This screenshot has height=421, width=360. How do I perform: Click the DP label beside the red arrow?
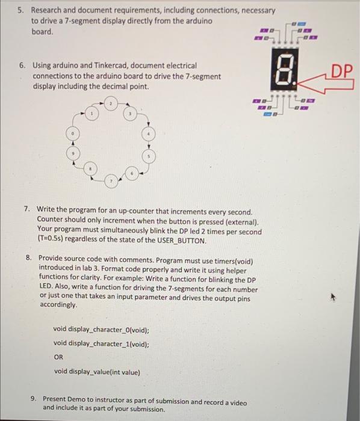[x=341, y=72]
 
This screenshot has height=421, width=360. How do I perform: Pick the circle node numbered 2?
[x=111, y=105]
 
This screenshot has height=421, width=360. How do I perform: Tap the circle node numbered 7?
[x=110, y=180]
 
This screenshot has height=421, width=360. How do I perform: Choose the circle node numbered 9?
[x=73, y=154]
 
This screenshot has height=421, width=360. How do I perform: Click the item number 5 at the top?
[x=20, y=11]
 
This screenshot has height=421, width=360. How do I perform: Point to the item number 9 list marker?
[x=34, y=399]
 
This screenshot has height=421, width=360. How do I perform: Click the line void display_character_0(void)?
[x=101, y=330]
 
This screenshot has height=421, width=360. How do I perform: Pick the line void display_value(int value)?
[x=97, y=372]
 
